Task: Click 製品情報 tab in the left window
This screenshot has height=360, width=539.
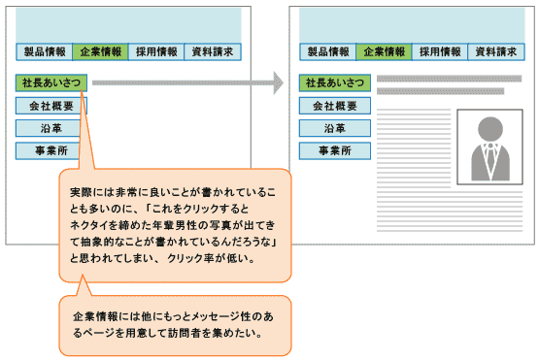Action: click(45, 52)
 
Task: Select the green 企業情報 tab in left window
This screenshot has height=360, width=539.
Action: click(101, 52)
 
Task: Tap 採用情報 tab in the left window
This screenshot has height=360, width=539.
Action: click(157, 52)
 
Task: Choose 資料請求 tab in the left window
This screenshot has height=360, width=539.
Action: click(213, 52)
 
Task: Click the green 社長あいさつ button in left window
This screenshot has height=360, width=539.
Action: click(51, 82)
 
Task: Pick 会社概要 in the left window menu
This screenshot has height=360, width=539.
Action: click(51, 106)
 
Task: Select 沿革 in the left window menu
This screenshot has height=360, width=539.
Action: click(51, 128)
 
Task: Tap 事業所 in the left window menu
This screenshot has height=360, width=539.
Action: click(51, 150)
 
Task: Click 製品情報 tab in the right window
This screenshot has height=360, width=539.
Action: click(328, 52)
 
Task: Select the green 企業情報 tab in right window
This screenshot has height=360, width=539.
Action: click(385, 52)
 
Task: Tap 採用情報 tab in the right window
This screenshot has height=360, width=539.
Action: click(441, 52)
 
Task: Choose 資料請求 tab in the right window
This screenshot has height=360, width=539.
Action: click(496, 52)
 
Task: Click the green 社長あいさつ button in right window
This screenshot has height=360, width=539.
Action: click(335, 82)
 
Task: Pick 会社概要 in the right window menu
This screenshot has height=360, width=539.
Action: click(335, 106)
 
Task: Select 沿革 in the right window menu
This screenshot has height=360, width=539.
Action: click(335, 128)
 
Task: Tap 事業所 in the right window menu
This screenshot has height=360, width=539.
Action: click(335, 150)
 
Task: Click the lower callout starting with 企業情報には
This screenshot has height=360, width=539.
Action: click(175, 325)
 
